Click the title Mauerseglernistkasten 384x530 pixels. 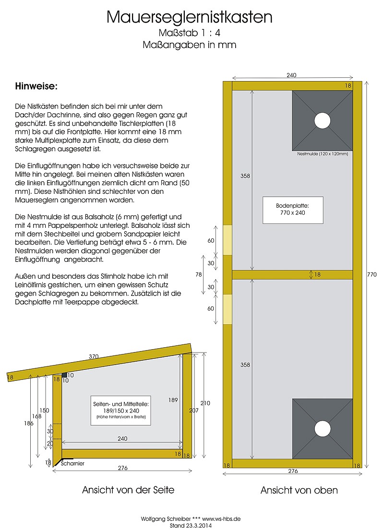pyautogui.click(x=190, y=17)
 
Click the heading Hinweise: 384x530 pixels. pyautogui.click(x=36, y=86)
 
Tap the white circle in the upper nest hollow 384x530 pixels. pyautogui.click(x=322, y=121)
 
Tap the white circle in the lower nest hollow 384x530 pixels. pyautogui.click(x=322, y=429)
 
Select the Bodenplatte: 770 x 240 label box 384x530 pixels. pyautogui.click(x=293, y=210)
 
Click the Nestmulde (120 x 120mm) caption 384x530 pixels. pyautogui.click(x=323, y=154)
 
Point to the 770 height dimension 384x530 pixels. pyautogui.click(x=372, y=274)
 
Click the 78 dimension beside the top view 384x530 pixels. pyautogui.click(x=198, y=274)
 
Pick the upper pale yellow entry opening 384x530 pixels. pyautogui.click(x=228, y=240)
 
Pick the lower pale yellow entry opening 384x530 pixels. pyautogui.click(x=228, y=309)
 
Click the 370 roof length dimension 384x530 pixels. pyautogui.click(x=94, y=356)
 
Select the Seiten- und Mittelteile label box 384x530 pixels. pyautogui.click(x=121, y=411)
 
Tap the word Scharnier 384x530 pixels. pyautogui.click(x=72, y=463)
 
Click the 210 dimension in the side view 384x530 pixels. pyautogui.click(x=205, y=403)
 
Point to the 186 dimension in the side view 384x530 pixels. pyautogui.click(x=29, y=423)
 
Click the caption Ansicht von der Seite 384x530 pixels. pyautogui.click(x=128, y=490)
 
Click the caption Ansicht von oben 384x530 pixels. pyautogui.click(x=299, y=490)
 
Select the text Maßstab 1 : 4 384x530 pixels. pyautogui.click(x=190, y=33)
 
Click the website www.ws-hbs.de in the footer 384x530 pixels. pyautogui.click(x=221, y=519)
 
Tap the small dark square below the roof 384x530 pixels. pyautogui.click(x=64, y=375)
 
